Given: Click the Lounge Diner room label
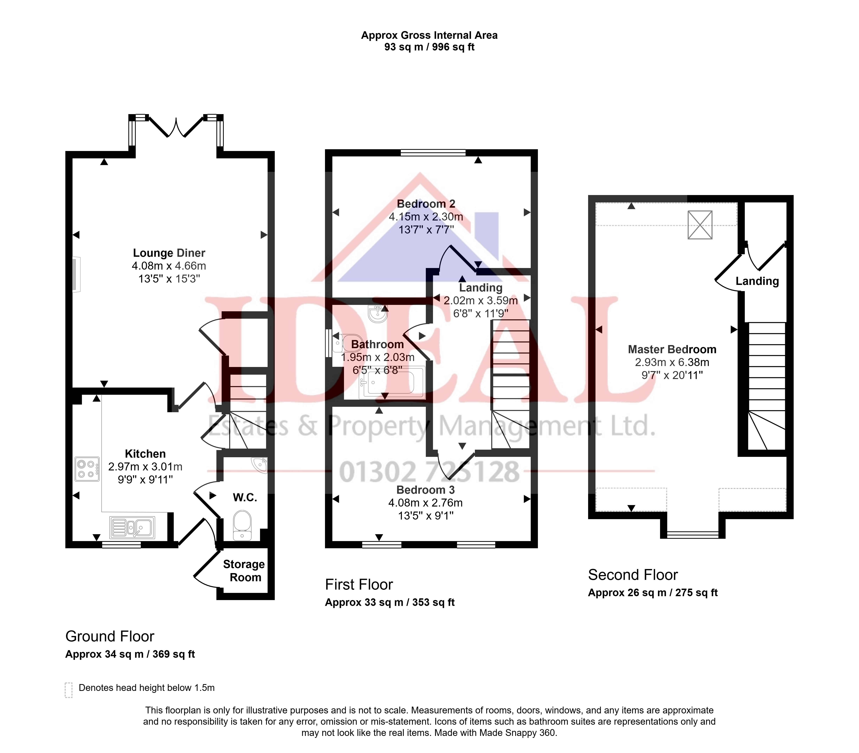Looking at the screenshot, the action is [x=169, y=253].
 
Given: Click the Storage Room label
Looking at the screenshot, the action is [x=244, y=571].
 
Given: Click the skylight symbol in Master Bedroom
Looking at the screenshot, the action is [x=700, y=225].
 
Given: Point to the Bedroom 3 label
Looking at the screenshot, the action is [x=426, y=490].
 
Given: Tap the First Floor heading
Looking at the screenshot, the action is [x=359, y=585].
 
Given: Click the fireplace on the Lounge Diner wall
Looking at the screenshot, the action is [x=76, y=274].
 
